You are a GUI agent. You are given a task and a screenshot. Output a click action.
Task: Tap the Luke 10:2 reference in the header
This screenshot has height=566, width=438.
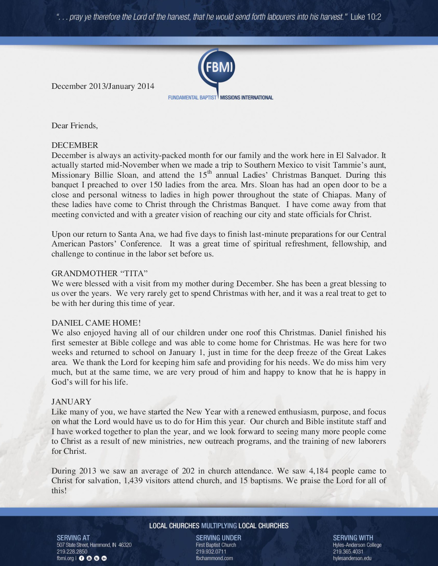tap(366, 17)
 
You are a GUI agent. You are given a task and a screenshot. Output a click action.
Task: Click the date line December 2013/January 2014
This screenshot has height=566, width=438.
tap(103, 86)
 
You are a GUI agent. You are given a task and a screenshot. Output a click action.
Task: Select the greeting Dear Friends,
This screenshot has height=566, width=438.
tap(74, 125)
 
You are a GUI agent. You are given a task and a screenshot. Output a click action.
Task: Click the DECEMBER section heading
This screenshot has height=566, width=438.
tap(75, 145)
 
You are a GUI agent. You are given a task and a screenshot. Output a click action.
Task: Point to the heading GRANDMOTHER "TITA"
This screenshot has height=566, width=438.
tap(97, 273)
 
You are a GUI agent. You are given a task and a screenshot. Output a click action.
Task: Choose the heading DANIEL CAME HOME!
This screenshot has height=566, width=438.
tap(96, 323)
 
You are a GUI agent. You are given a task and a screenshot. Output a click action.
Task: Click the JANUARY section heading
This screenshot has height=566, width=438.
tap(71, 402)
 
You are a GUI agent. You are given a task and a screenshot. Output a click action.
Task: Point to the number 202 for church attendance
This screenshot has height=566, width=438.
tap(188, 471)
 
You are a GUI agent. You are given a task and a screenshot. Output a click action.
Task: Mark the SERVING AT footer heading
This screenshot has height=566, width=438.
tap(73, 538)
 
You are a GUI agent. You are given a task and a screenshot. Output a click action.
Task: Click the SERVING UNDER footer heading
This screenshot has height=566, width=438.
tap(219, 538)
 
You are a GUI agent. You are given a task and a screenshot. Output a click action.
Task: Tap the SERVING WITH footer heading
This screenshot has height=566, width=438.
tap(353, 538)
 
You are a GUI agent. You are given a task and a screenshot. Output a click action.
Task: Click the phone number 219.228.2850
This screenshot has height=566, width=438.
tap(72, 552)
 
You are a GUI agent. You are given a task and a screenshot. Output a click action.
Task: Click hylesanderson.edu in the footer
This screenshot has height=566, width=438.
tap(352, 558)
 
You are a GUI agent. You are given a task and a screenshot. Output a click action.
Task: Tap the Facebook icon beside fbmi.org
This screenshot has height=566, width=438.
tap(81, 558)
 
